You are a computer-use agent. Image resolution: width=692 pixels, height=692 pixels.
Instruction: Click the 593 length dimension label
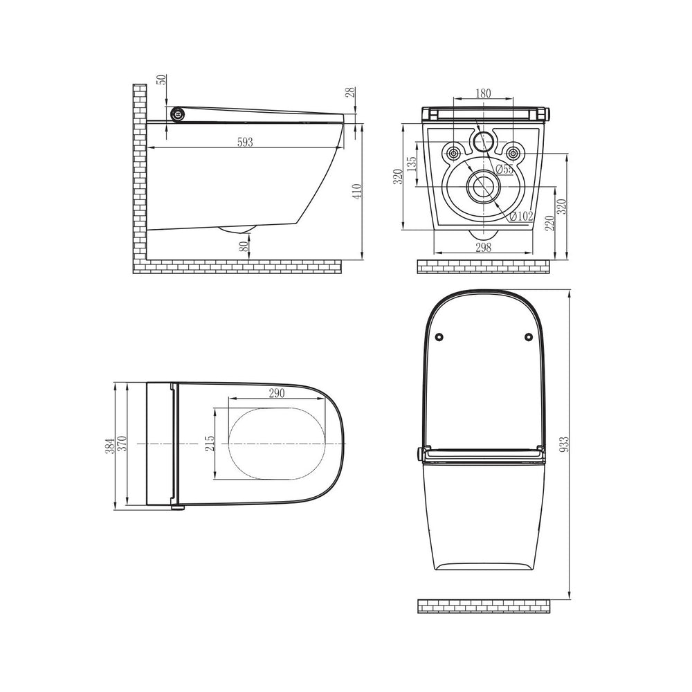coord(246,142)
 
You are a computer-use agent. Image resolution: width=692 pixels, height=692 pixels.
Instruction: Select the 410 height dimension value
coord(358,191)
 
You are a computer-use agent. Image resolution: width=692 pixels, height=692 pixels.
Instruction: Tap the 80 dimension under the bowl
coord(244,247)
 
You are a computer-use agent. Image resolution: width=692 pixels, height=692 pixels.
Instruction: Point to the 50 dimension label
coord(163,80)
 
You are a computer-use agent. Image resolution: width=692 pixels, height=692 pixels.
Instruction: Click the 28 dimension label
coord(350,92)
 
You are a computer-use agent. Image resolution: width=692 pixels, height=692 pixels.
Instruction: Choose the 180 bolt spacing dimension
coord(483,93)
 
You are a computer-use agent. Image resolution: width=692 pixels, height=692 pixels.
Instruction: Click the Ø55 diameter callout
coord(504,169)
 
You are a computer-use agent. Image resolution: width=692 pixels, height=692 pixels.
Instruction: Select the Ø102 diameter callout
coord(521,216)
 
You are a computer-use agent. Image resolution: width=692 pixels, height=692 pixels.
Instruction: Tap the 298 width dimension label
coord(483,247)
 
